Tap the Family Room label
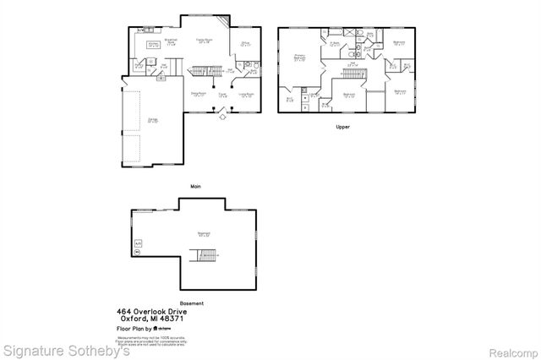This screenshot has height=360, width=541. point(204,41)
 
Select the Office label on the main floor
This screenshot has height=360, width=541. point(243,43)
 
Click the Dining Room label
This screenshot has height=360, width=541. point(199,95)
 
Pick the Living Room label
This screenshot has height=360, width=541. point(247,95)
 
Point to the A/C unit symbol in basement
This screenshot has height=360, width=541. point(137,245)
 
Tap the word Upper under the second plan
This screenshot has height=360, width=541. point(343,127)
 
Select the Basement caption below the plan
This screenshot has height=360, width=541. point(192,303)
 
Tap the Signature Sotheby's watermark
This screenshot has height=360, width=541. point(66,350)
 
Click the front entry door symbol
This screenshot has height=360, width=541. point(223,117)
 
